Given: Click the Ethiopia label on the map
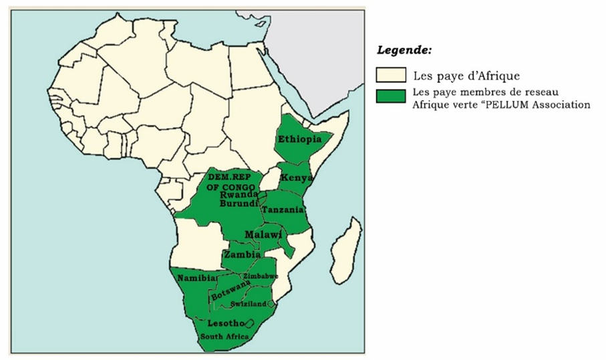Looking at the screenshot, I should [304, 140].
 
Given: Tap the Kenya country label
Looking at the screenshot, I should [294, 178].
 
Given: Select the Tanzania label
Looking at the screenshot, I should [283, 210].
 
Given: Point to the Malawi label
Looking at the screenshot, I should [263, 235].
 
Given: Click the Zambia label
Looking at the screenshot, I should [243, 254].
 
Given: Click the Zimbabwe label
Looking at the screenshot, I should [261, 276].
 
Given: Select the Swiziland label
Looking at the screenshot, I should [249, 304].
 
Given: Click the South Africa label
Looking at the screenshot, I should [225, 337].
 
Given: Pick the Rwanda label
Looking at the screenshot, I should [239, 194].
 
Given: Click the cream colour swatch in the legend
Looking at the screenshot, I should [390, 73].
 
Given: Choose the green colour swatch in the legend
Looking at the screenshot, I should [390, 96].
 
